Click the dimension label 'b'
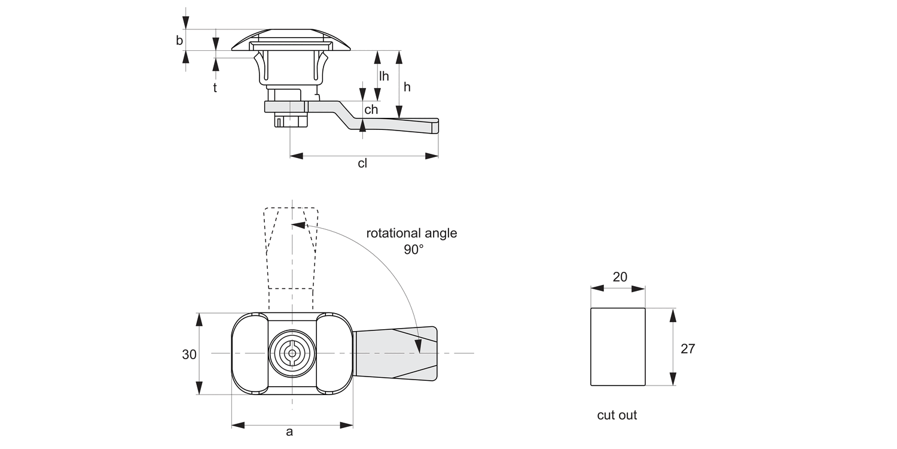[179, 41]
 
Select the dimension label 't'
[215, 87]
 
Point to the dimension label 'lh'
[383, 76]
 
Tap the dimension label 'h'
[407, 87]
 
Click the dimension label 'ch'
[371, 110]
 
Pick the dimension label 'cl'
[362, 163]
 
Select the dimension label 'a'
[289, 432]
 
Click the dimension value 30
[189, 354]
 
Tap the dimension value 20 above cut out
[620, 277]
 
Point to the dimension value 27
[688, 348]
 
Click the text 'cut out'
[617, 415]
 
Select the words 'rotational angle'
[411, 233]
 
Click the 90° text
[413, 250]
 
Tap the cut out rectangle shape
[618, 347]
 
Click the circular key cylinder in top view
[292, 353]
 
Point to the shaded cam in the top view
[395, 353]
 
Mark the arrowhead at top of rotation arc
[298, 226]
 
